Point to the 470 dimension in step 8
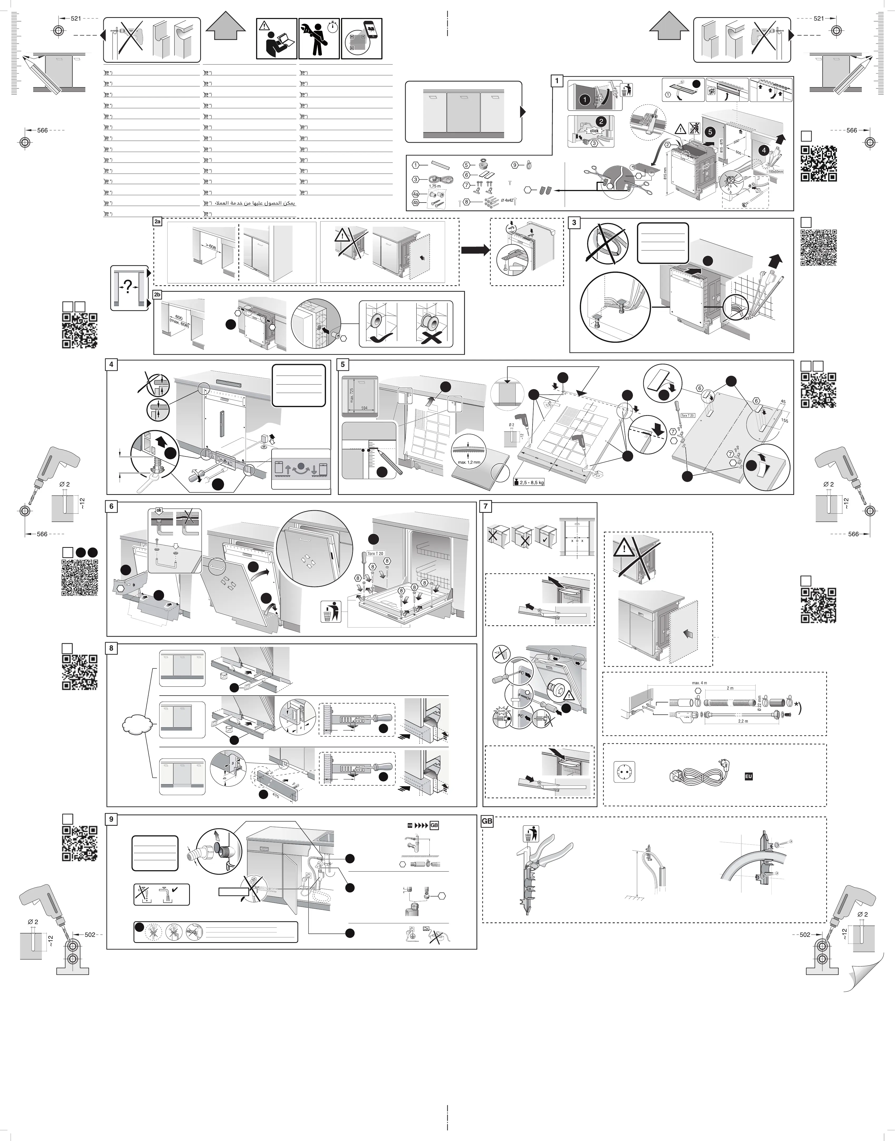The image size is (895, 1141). [x=276, y=794]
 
